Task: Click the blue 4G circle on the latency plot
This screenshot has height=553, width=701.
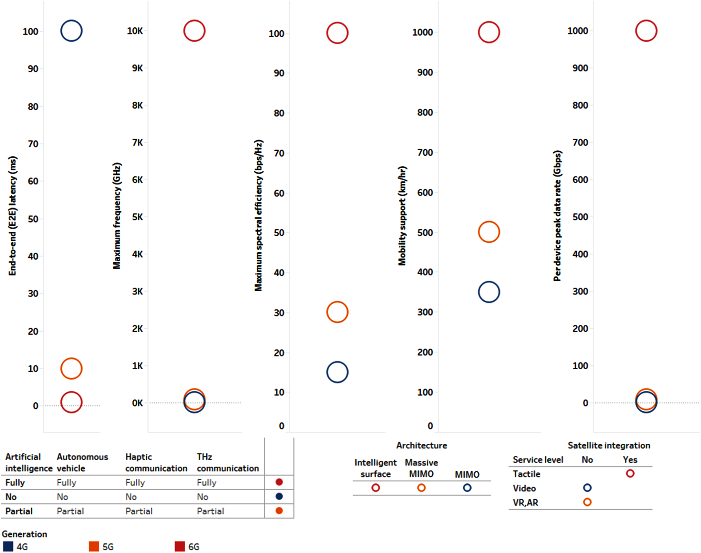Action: pyautogui.click(x=71, y=31)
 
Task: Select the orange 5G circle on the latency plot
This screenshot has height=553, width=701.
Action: pyautogui.click(x=71, y=369)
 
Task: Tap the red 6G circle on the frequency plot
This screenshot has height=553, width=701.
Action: pyautogui.click(x=194, y=31)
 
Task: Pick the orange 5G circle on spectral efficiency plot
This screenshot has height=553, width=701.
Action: pyautogui.click(x=337, y=312)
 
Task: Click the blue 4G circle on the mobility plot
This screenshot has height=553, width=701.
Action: pyautogui.click(x=489, y=292)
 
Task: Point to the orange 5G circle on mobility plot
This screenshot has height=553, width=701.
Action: pyautogui.click(x=489, y=232)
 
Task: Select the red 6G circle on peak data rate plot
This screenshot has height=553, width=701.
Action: pyautogui.click(x=646, y=31)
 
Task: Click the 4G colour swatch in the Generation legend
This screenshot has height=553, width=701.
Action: pyautogui.click(x=8, y=546)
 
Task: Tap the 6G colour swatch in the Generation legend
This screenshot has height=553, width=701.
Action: pyautogui.click(x=179, y=546)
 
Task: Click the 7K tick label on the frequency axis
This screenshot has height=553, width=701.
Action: pyautogui.click(x=137, y=142)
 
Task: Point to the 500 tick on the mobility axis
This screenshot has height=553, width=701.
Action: pyautogui.click(x=425, y=233)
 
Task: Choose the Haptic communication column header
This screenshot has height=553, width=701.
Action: pyautogui.click(x=156, y=463)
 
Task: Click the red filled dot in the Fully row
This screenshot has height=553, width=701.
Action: pyautogui.click(x=279, y=482)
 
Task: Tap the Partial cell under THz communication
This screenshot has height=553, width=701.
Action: pyautogui.click(x=210, y=511)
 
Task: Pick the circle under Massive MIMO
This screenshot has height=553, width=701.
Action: pyautogui.click(x=421, y=488)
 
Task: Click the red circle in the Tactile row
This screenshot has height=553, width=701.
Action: pyautogui.click(x=630, y=473)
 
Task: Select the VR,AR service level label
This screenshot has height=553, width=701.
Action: pyautogui.click(x=525, y=502)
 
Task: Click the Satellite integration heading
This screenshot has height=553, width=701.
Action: pyautogui.click(x=609, y=445)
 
